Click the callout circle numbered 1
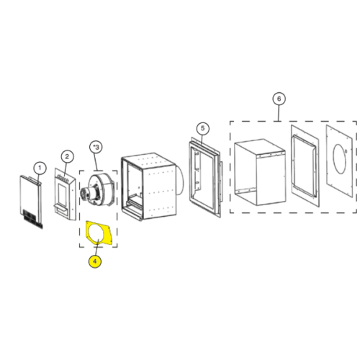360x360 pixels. tap(40, 168)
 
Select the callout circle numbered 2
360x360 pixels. tap(67, 156)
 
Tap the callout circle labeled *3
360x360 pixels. tap(96, 147)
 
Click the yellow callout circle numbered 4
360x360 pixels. tap(95, 261)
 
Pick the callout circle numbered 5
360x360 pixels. tap(202, 128)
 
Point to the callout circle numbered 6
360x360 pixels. tap(279, 99)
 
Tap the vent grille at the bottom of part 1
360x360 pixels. tap(33, 218)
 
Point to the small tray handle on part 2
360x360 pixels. tap(61, 208)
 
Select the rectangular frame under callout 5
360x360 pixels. tap(204, 178)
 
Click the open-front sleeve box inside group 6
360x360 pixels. tap(260, 172)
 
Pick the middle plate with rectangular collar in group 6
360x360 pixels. tap(305, 166)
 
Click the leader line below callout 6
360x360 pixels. tap(279, 113)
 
